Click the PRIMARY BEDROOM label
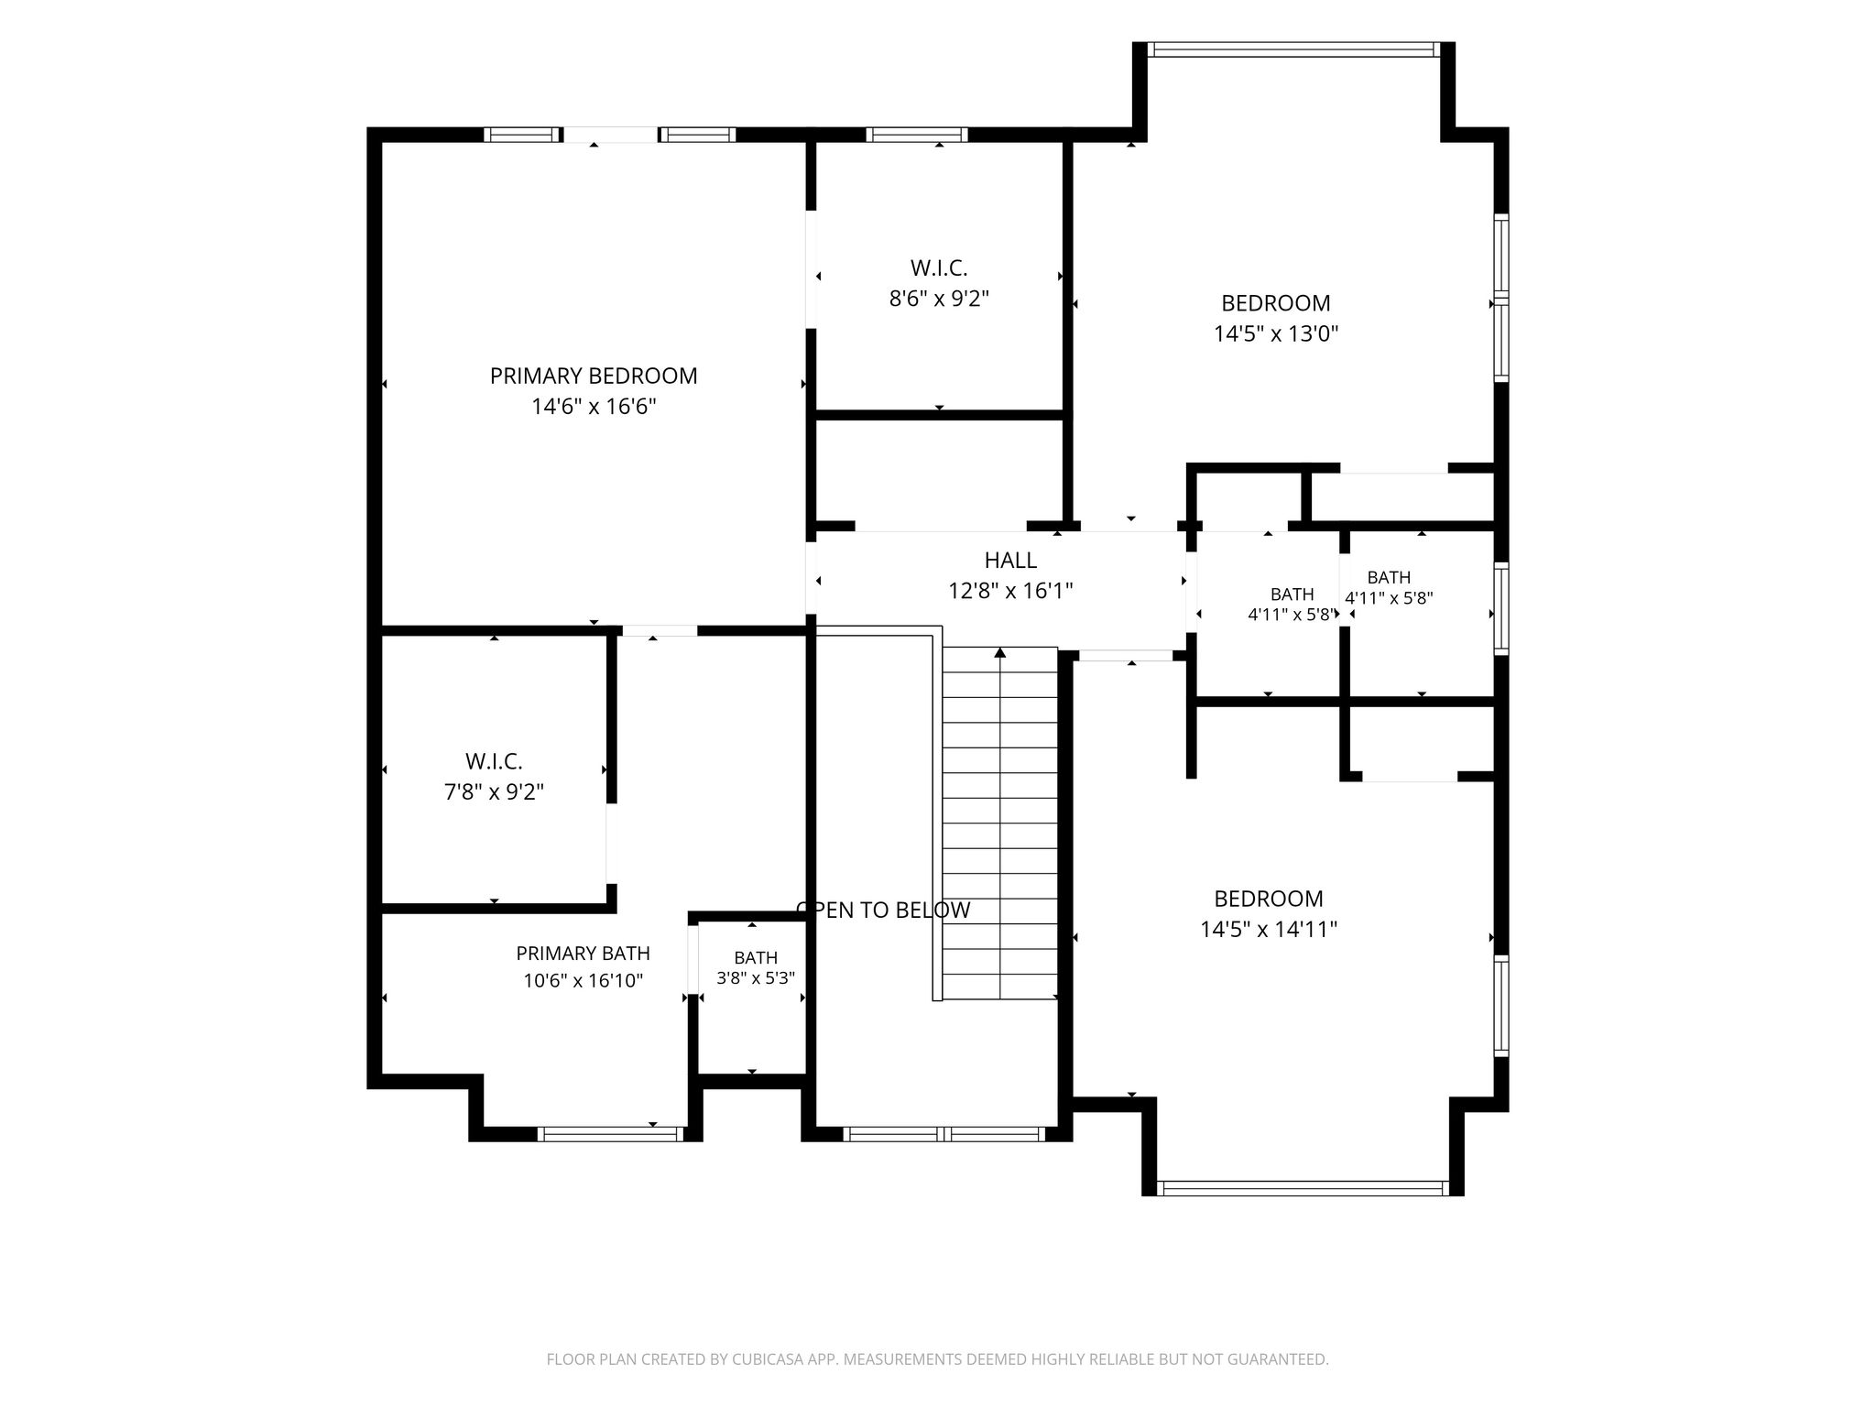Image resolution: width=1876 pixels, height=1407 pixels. pos(594,376)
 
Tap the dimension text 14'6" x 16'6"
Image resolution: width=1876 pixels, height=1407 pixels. pos(594,406)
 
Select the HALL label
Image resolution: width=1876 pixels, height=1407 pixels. pos(1010,560)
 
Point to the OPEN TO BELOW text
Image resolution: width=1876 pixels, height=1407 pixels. pos(883,910)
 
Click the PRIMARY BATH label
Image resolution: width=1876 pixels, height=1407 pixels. pos(584,954)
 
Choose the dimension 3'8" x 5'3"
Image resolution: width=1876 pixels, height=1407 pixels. pos(756,977)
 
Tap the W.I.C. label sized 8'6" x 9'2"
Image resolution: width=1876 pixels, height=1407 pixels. pos(939,268)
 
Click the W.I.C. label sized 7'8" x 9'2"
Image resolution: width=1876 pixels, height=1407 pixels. pos(494,761)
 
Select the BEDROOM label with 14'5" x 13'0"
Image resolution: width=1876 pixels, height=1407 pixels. pos(1276,303)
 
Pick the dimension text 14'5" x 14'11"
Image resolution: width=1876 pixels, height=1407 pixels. pos(1269,930)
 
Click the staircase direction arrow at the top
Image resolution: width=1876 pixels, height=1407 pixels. pos(1000,652)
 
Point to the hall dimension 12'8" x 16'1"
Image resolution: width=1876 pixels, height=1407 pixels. pos(1010,590)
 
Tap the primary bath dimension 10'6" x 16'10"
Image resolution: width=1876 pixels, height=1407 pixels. pos(584,981)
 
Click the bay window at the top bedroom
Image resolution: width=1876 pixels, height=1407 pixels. pos(1293,49)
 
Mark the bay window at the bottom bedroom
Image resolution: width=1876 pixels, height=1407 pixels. pos(1303,1188)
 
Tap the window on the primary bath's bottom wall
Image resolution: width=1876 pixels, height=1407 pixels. pos(610,1134)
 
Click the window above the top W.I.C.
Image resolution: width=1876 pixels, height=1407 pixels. pos(917,135)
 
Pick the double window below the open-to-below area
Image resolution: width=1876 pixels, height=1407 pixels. pos(943,1134)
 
